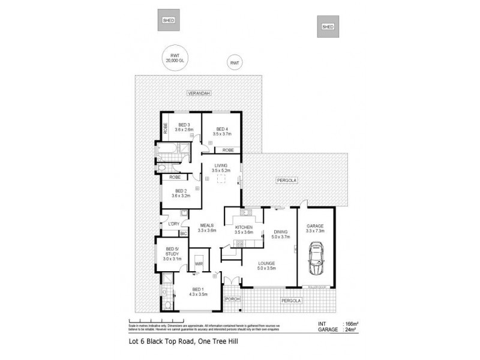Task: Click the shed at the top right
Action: (328, 26)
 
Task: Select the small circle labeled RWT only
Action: (235, 62)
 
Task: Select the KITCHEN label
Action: (245, 227)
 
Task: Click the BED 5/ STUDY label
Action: (172, 254)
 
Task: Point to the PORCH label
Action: (232, 298)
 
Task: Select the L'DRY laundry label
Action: (174, 224)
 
